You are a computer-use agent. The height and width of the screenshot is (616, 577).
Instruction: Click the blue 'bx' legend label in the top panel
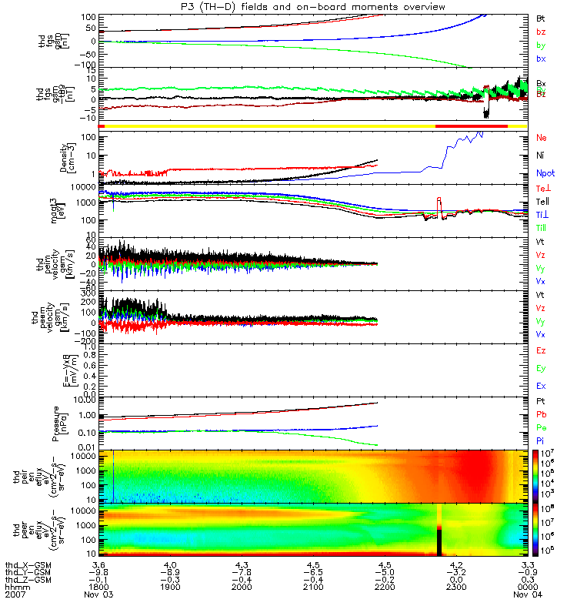541,59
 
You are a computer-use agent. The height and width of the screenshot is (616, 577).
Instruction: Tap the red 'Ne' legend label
541,138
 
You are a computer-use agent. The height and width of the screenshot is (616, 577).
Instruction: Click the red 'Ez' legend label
541,350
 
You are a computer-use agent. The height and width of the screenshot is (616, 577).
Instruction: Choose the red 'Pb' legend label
541,414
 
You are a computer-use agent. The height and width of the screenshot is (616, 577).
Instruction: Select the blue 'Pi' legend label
541,439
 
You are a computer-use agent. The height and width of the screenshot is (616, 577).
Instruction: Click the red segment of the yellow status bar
472,126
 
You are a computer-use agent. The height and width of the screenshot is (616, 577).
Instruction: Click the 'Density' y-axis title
65,157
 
